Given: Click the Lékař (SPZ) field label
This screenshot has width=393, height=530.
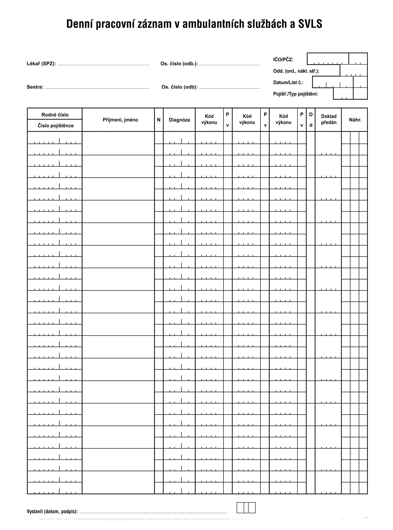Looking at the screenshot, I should pos(41,64).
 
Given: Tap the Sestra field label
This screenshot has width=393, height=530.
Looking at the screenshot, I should pos(35,87).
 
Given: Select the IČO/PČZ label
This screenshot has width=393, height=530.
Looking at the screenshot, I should pos(283,60).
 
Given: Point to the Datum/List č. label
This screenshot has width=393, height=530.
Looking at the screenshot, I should pos(288,83).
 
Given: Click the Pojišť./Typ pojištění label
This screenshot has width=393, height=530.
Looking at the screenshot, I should pos(295,94).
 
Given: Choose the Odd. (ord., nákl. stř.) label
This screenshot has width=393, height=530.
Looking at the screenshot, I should pos(296,71).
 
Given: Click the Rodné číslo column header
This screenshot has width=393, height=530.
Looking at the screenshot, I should pos(55,115).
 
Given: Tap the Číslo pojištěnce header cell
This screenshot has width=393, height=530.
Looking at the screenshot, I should pos(56,126).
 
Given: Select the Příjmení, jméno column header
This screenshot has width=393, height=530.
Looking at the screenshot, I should pos(120,120).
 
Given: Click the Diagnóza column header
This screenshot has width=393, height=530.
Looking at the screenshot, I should pos(179,120).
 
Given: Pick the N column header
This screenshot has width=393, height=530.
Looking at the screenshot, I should pos(159,120).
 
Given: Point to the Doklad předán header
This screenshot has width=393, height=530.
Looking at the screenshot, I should pos(329,119).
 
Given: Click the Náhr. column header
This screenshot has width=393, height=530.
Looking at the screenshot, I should pos(355,120).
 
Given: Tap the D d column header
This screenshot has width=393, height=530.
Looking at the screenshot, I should pos(311,120).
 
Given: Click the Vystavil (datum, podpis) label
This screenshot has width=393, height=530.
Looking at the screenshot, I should pos(52,512).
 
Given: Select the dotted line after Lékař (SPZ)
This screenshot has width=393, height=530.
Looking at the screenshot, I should pos(103,65).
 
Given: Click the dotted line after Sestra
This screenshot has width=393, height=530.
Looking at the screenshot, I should pos(97,88).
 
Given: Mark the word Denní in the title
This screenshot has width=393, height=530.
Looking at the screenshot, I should pos(80,24).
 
